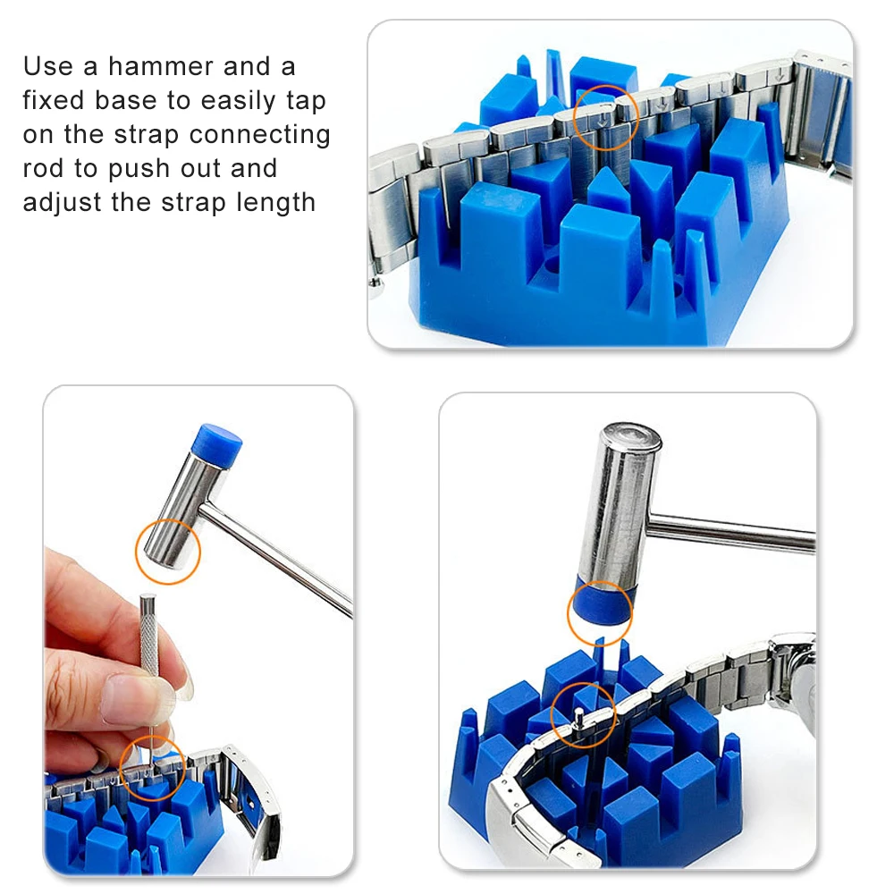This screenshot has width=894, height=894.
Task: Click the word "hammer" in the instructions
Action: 161,66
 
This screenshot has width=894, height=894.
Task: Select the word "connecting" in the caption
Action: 259,135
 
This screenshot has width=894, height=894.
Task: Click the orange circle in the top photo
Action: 574,118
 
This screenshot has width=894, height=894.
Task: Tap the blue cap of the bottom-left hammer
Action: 216,443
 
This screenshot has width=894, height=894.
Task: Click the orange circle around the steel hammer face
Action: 136,552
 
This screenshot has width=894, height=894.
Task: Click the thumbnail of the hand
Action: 127,699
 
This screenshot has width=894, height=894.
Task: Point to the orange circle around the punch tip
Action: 121,767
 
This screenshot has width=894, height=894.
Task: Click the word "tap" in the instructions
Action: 306,102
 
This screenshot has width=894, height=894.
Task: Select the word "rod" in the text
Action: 43,169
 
